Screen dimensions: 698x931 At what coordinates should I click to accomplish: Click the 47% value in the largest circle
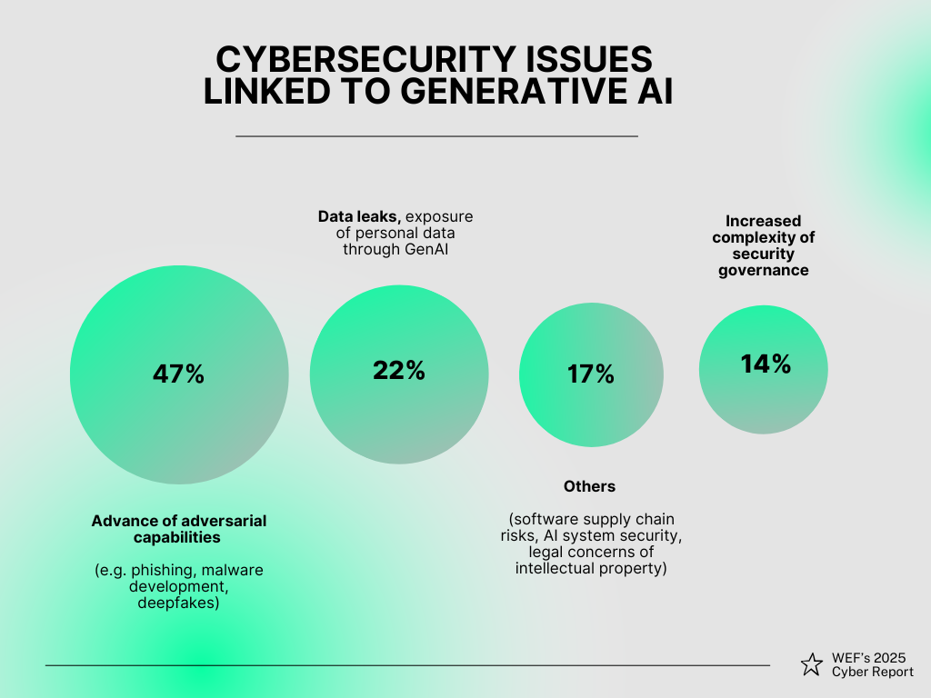(x=178, y=374)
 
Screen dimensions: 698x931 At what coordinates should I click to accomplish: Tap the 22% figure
(x=399, y=371)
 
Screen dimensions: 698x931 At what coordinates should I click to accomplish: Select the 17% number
(x=591, y=374)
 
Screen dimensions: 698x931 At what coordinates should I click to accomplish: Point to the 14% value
(x=766, y=364)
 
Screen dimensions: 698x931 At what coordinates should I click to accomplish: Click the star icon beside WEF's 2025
(x=811, y=665)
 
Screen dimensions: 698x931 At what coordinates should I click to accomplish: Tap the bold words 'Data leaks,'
(x=359, y=216)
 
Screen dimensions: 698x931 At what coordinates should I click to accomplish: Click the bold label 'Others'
(x=589, y=486)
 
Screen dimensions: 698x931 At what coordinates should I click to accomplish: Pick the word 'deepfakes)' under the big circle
(x=178, y=603)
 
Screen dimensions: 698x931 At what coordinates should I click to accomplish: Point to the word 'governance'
(x=763, y=270)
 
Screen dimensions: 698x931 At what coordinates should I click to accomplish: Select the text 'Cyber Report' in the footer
(x=873, y=672)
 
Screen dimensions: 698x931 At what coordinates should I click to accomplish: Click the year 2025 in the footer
(x=896, y=657)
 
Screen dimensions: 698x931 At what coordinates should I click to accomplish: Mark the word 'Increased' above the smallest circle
(x=764, y=221)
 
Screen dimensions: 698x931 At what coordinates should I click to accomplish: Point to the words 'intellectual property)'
(x=591, y=568)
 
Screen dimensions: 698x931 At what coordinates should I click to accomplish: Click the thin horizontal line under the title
(x=436, y=135)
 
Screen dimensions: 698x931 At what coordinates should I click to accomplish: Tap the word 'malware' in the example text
(x=233, y=570)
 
